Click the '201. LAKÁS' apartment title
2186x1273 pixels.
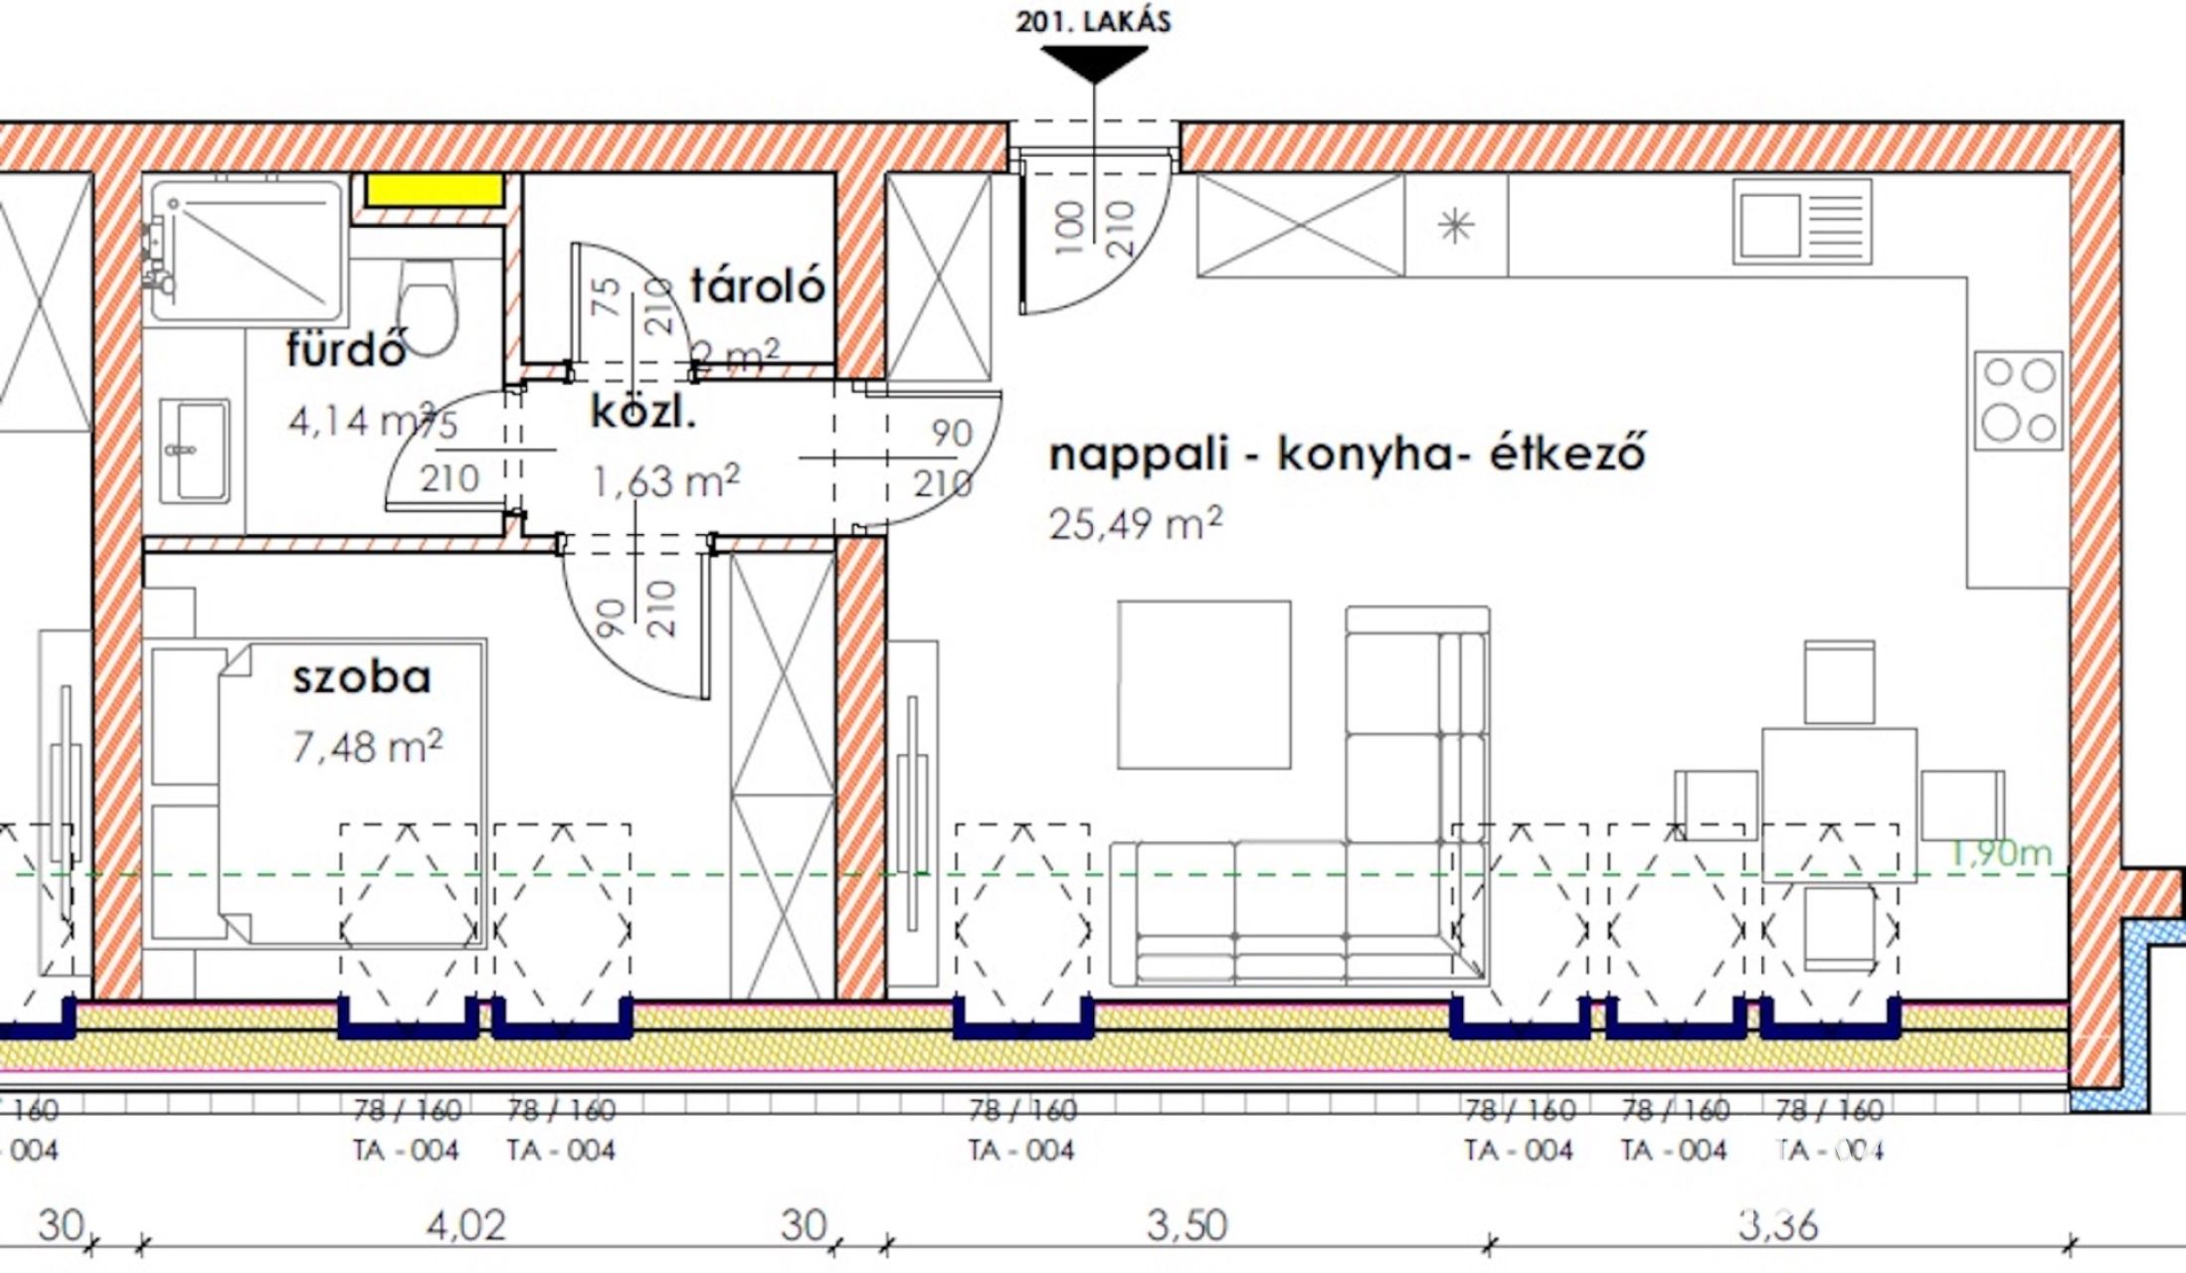pos(1093,21)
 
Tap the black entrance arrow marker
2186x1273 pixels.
pos(1094,63)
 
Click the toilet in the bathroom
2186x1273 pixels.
pos(428,304)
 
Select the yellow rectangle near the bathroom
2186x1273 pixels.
pos(434,190)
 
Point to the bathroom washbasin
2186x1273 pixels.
pos(195,451)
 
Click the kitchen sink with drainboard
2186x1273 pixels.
pos(1801,222)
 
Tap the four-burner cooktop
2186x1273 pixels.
pos(2018,400)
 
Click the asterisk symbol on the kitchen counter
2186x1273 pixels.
pos(1456,227)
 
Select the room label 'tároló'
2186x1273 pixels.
pos(758,286)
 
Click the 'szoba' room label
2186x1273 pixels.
pos(362,677)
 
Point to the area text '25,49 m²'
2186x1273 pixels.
pos(1135,523)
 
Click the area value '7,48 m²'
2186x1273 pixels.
pos(367,746)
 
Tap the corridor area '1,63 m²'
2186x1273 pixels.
pos(665,481)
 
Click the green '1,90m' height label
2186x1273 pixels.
pos(1999,852)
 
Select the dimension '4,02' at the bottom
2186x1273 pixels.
pos(465,1225)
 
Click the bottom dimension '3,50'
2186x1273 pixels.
pos(1186,1225)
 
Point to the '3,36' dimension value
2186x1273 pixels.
pos(1777,1225)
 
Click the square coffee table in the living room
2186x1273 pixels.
pos(1203,684)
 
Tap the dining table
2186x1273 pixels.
pos(1839,804)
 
